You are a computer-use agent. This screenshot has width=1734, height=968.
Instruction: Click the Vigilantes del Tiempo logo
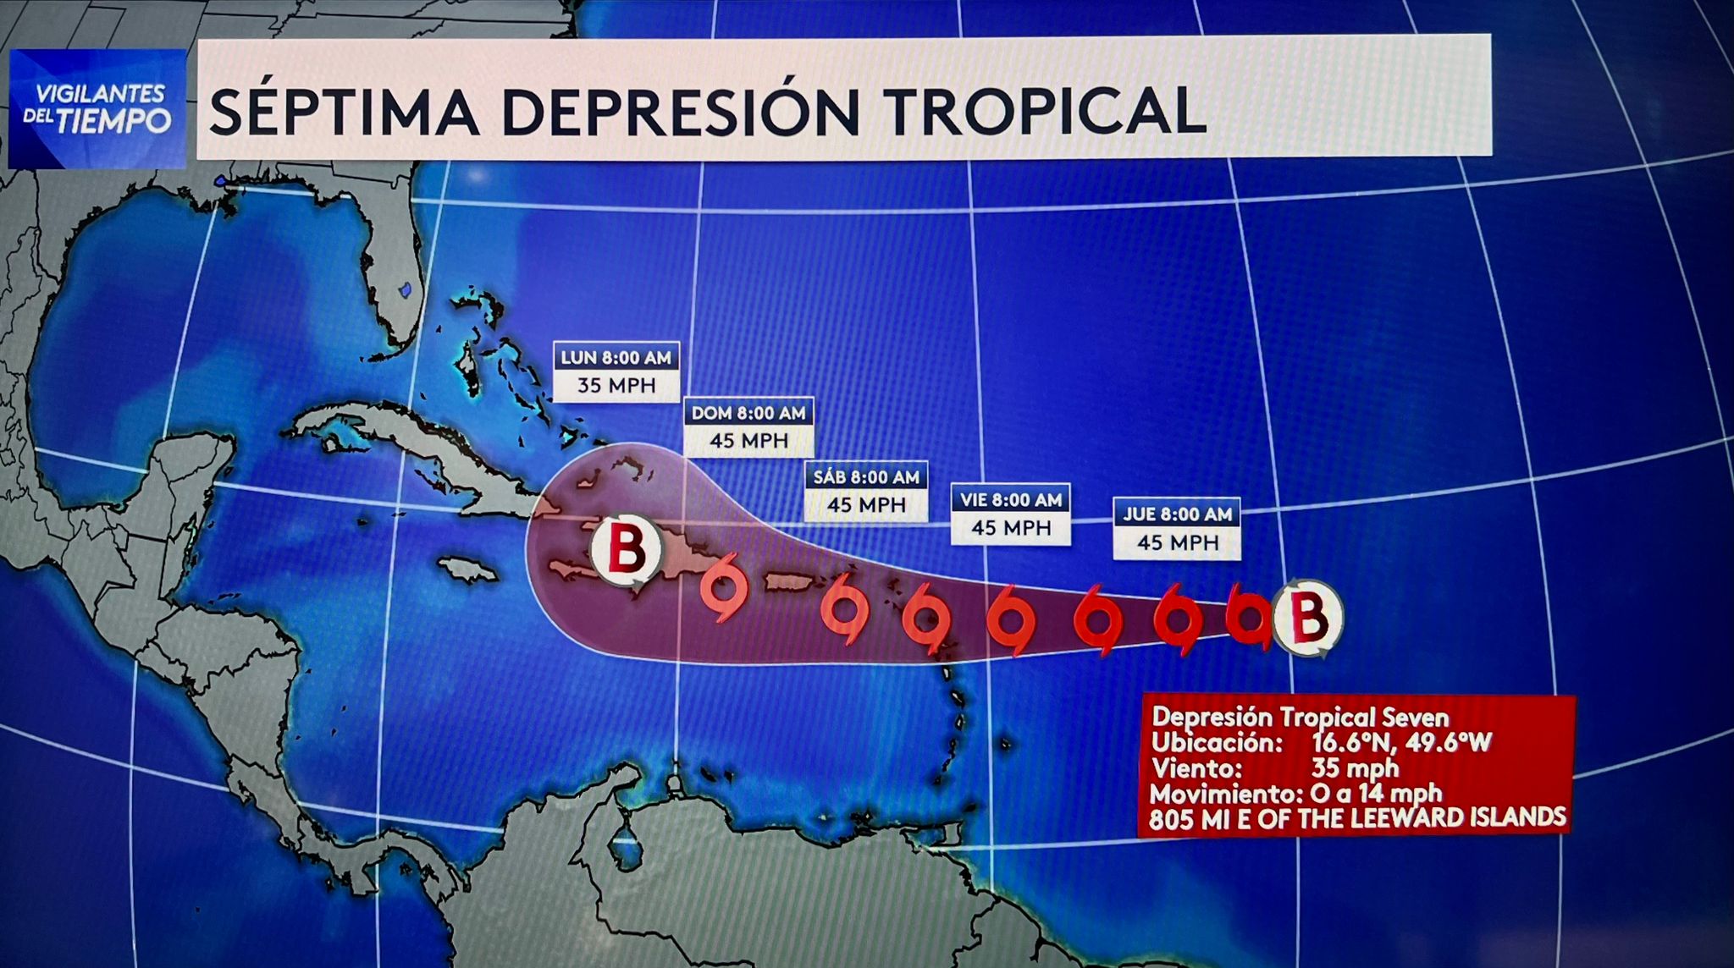(97, 108)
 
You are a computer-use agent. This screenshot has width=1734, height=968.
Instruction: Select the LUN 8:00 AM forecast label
(616, 357)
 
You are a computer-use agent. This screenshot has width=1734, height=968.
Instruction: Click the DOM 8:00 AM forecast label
(748, 413)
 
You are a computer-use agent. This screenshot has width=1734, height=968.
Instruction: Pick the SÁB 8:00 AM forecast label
(866, 477)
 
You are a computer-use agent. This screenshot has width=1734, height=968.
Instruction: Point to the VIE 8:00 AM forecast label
(1011, 500)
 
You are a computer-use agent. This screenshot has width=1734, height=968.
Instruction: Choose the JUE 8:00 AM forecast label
(1177, 514)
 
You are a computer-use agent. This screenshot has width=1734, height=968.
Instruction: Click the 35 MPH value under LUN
(616, 386)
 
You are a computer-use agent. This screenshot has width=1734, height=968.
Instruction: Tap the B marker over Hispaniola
(627, 549)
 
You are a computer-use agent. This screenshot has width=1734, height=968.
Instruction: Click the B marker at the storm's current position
(1308, 617)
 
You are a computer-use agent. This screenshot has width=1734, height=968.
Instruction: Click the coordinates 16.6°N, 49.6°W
(1401, 743)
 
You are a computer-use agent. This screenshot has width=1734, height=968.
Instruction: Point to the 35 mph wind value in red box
(1355, 768)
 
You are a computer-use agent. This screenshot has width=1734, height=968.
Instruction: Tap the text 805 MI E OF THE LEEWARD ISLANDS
(1357, 818)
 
